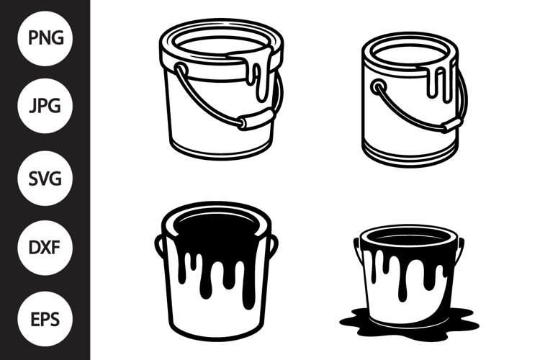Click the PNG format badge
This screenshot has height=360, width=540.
click(x=45, y=38)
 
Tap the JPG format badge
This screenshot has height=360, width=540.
click(x=45, y=105)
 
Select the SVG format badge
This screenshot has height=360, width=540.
click(x=45, y=178)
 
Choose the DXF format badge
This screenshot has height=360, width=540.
click(x=45, y=248)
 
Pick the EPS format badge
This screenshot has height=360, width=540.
click(x=45, y=319)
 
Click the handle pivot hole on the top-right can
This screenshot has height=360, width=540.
click(x=378, y=86)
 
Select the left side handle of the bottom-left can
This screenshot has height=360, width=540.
click(x=159, y=246)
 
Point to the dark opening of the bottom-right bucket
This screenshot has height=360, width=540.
click(x=409, y=239)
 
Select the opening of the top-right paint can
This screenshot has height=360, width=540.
click(x=410, y=54)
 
